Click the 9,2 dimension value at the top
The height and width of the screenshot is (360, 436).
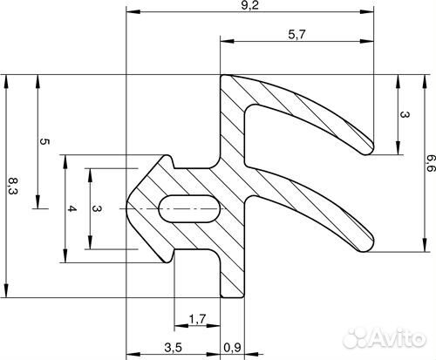pyautogui.click(x=249, y=5)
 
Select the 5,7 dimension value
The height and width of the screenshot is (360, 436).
pyautogui.click(x=297, y=35)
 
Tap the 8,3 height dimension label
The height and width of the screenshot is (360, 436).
pyautogui.click(x=13, y=187)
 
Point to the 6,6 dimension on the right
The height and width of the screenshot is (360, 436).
pyautogui.click(x=431, y=163)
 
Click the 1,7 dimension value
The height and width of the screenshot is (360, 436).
pyautogui.click(x=198, y=319)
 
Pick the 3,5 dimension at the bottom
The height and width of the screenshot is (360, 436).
pyautogui.click(x=174, y=347)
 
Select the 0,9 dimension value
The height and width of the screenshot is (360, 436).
pyautogui.click(x=232, y=347)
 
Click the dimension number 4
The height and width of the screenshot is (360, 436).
pyautogui.click(x=72, y=208)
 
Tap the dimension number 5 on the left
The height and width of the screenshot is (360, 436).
pyautogui.click(x=44, y=142)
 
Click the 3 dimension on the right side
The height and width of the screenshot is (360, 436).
pyautogui.click(x=405, y=114)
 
